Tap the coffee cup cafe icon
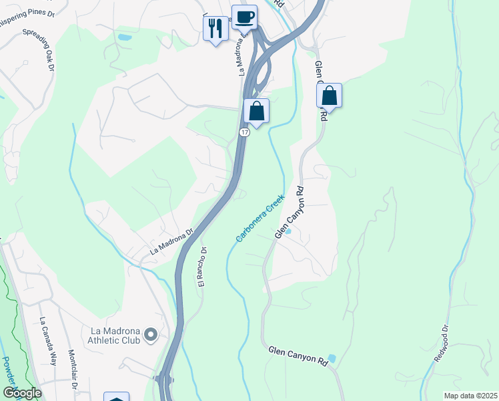(x=244, y=17)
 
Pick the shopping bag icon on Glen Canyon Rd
(x=329, y=96)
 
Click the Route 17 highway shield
(x=245, y=133)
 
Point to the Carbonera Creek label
(x=260, y=218)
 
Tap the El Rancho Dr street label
(x=202, y=265)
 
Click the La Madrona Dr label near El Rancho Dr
(x=171, y=242)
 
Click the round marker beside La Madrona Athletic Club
(x=151, y=334)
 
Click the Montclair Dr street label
(x=73, y=372)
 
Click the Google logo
(x=22, y=393)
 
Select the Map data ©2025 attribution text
(x=470, y=396)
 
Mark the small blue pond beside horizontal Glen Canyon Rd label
(x=332, y=359)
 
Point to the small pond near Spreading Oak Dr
(x=124, y=37)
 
